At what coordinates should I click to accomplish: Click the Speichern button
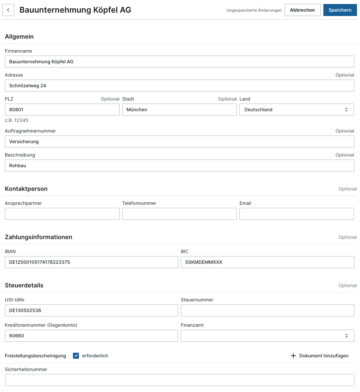click(340, 10)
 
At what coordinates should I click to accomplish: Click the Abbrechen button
click(302, 10)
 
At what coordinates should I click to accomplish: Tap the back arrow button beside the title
click(8, 10)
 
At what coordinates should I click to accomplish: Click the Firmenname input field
click(180, 62)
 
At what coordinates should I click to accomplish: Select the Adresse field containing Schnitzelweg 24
click(180, 86)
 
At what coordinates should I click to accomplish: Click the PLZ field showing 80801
click(62, 110)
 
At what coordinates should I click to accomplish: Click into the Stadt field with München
click(179, 110)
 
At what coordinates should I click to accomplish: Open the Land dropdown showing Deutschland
click(296, 110)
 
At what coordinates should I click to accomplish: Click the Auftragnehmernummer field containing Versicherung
click(180, 142)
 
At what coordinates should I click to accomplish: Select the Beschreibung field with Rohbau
click(180, 166)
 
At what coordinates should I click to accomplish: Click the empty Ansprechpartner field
click(62, 214)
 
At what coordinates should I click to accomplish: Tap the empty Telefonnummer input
click(179, 214)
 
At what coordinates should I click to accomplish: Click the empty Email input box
click(296, 214)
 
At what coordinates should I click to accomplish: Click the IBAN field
click(91, 262)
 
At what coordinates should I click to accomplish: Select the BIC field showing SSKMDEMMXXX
click(267, 262)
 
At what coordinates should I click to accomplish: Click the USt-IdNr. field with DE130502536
click(91, 310)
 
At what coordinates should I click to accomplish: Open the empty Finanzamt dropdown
click(267, 336)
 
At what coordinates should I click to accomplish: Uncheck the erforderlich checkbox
click(76, 356)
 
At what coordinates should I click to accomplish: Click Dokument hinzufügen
click(320, 356)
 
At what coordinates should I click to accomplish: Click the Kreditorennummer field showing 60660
click(91, 336)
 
